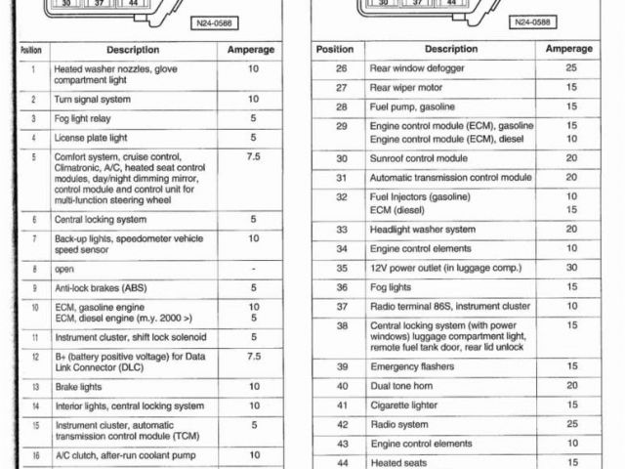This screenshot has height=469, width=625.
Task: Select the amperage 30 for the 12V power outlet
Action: pyautogui.click(x=571, y=268)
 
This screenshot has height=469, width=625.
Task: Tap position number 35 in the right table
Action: pyautogui.click(x=342, y=268)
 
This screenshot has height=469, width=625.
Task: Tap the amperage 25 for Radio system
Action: pyautogui.click(x=571, y=424)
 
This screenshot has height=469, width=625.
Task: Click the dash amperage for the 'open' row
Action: pyautogui.click(x=253, y=268)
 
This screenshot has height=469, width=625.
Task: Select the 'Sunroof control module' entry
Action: pyautogui.click(x=419, y=158)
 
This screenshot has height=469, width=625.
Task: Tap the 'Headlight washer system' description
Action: pyautogui.click(x=423, y=230)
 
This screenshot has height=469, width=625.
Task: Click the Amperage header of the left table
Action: pyautogui.click(x=251, y=49)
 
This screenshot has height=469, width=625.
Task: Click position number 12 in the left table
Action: pyautogui.click(x=34, y=358)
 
